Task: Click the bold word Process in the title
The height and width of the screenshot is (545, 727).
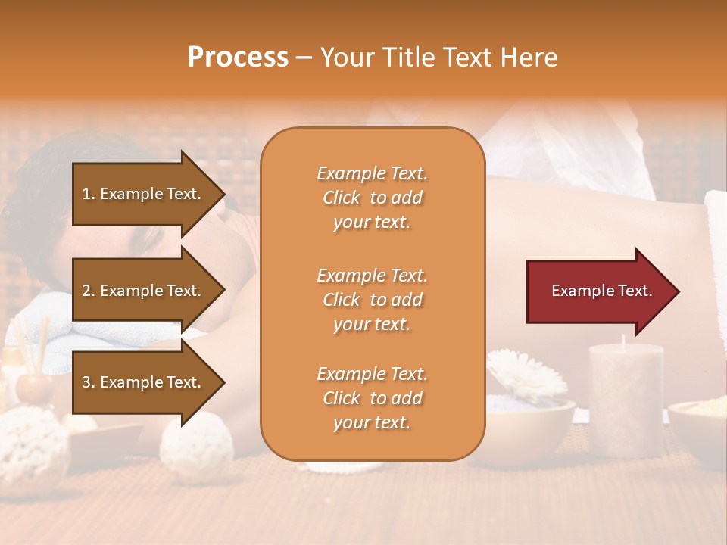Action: [238, 58]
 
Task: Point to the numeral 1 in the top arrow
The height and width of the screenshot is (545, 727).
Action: [86, 194]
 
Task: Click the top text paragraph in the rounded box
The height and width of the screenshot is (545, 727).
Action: [372, 198]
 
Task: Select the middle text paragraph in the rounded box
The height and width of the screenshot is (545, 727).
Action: [372, 300]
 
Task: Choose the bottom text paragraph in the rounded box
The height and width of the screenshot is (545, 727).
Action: [372, 398]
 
